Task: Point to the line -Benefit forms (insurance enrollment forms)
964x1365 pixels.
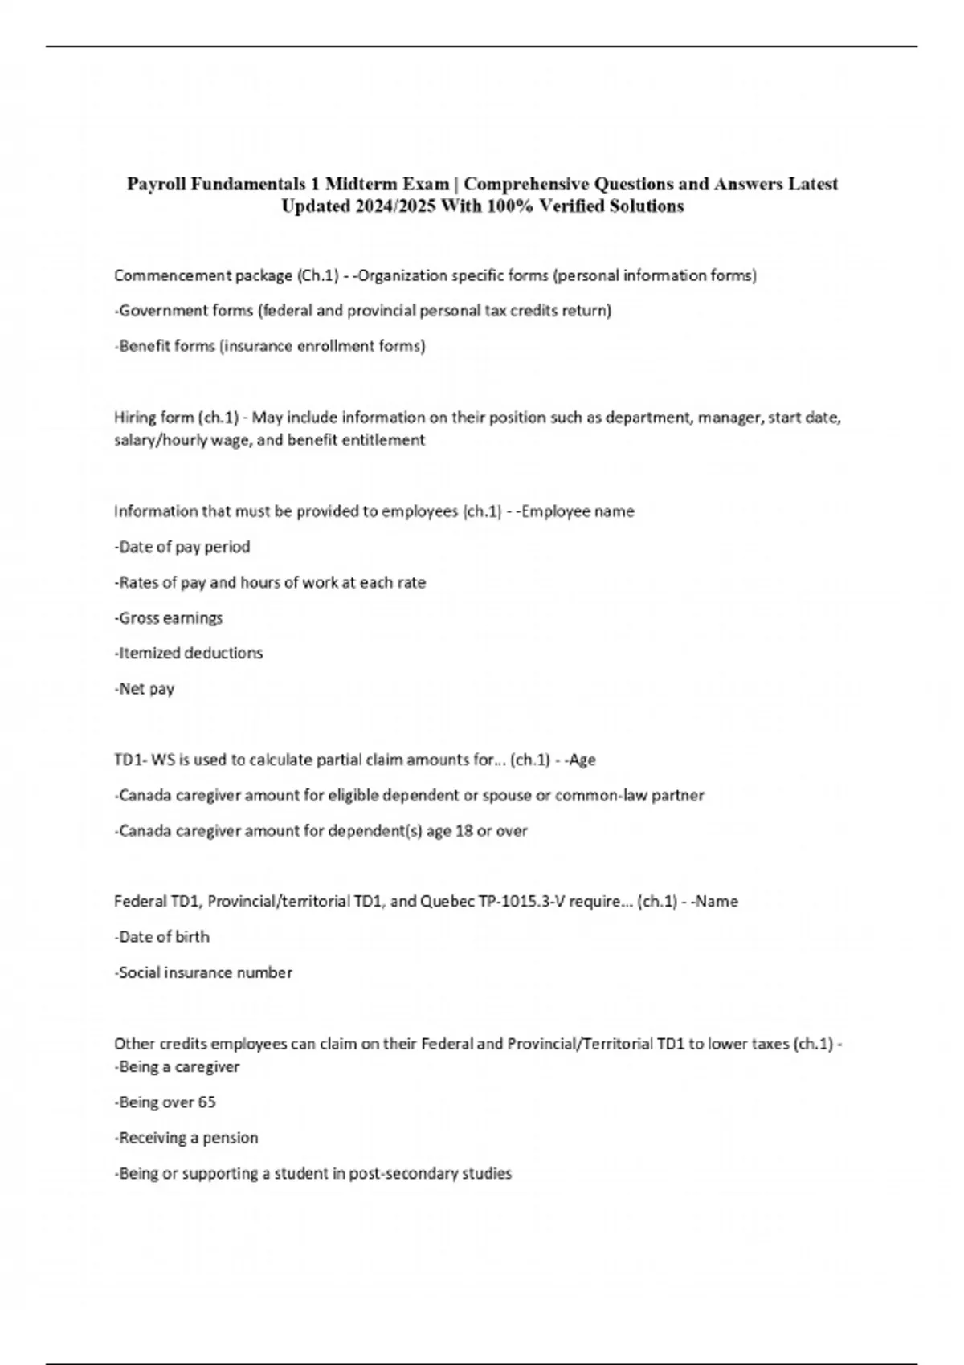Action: click(x=270, y=346)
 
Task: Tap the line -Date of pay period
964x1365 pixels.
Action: click(x=182, y=547)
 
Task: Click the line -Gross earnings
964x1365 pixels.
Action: click(x=169, y=617)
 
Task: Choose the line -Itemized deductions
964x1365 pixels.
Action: click(x=189, y=653)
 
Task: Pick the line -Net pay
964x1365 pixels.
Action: click(x=145, y=688)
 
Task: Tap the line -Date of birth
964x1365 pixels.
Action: click(x=162, y=936)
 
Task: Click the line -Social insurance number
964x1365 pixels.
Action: click(x=203, y=972)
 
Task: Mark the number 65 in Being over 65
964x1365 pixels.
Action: click(x=206, y=1102)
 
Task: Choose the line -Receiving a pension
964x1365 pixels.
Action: click(x=186, y=1138)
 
